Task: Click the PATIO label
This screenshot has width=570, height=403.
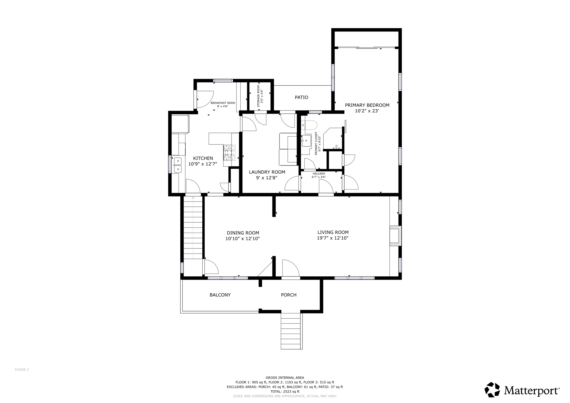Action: pos(301,97)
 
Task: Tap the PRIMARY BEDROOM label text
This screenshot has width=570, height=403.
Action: pos(367,105)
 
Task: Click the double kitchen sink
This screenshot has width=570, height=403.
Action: pos(178,165)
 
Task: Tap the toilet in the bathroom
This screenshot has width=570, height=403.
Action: pos(311,125)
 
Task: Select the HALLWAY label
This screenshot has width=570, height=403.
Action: pos(319,174)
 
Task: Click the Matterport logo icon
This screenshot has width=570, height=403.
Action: pos(492,390)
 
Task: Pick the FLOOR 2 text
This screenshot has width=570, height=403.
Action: pos(22,370)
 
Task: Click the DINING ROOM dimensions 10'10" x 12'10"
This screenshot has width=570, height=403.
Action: pos(243,239)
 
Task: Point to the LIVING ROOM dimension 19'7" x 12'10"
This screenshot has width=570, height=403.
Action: pos(333,238)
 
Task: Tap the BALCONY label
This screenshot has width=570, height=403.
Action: pos(220,295)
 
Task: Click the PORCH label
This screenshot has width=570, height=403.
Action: pos(289,295)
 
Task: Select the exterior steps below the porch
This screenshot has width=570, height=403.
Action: pos(291,331)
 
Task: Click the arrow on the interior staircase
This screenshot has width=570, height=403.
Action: pos(193,198)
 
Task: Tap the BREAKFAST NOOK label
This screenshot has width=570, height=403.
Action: pos(223,103)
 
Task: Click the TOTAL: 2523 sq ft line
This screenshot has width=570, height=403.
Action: pos(285,391)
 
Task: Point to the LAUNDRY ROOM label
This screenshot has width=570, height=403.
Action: pos(267,172)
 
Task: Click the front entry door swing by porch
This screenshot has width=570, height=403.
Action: pos(290,268)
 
